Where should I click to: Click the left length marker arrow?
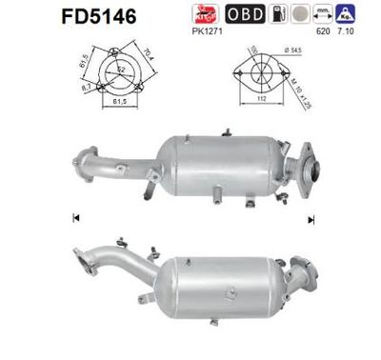[x=74, y=220]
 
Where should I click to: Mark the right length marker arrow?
[x=311, y=220]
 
